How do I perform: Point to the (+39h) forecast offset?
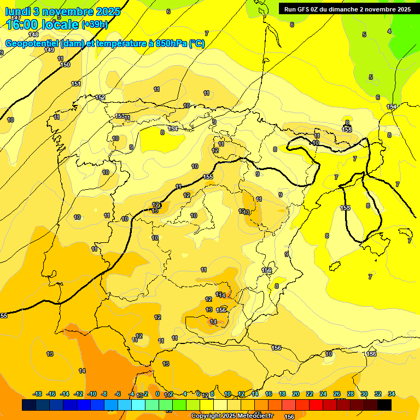[95, 25]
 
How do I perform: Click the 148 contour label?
[33, 34]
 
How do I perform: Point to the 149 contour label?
[49, 50]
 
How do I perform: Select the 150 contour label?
[65, 65]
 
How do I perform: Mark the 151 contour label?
[76, 84]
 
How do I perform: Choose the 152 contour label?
[100, 97]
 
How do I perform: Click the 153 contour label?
[120, 116]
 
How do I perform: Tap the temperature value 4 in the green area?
[389, 31]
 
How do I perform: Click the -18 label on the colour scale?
[38, 394]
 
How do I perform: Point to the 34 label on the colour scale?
[392, 394]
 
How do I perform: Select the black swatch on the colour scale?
[384, 405]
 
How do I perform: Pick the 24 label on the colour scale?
[323, 394]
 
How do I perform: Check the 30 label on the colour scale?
[364, 394]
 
